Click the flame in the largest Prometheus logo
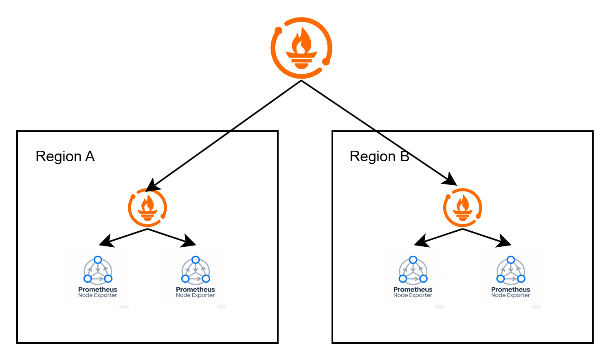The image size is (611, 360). [301, 41]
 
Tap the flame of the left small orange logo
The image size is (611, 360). [147, 204]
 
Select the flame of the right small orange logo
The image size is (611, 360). [463, 204]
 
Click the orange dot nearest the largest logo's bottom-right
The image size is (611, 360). [326, 61]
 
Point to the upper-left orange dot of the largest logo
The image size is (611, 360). [279, 30]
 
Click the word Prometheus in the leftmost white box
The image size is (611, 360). [98, 290]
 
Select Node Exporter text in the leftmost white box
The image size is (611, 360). [98, 295]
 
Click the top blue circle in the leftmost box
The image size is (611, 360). [98, 260]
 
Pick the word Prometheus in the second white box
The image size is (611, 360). [196, 290]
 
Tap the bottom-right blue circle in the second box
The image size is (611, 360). [206, 279]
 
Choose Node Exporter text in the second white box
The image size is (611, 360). [196, 295]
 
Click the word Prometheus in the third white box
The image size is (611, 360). [413, 290]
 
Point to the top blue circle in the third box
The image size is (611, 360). [413, 260]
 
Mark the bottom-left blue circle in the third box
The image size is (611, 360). [403, 279]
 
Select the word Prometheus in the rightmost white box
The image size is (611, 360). [510, 290]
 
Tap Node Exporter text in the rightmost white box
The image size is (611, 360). [510, 295]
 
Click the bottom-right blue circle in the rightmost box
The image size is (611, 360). [521, 279]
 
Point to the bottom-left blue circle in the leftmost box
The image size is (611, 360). [88, 279]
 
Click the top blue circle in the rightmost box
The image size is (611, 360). [511, 260]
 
